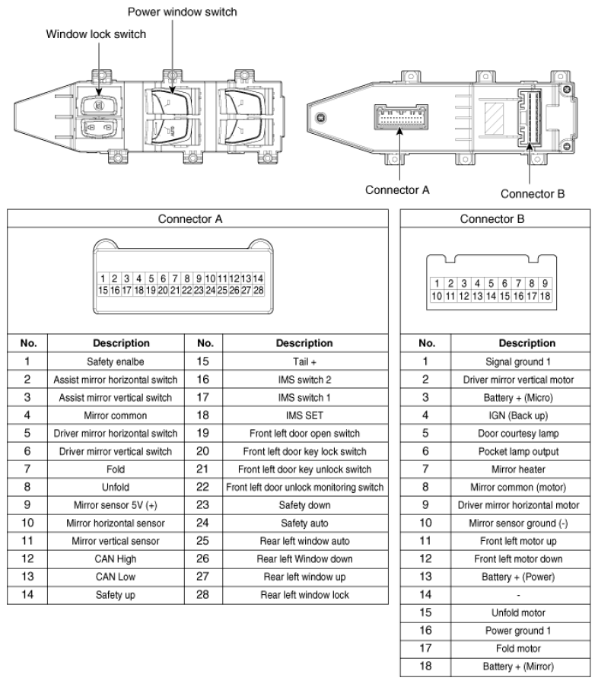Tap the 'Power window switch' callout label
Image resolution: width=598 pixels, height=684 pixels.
tap(182, 12)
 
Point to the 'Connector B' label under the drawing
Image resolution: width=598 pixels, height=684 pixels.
tap(532, 193)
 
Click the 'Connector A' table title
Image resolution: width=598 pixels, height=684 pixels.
tap(190, 219)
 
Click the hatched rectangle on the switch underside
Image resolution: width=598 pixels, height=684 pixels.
tap(495, 117)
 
